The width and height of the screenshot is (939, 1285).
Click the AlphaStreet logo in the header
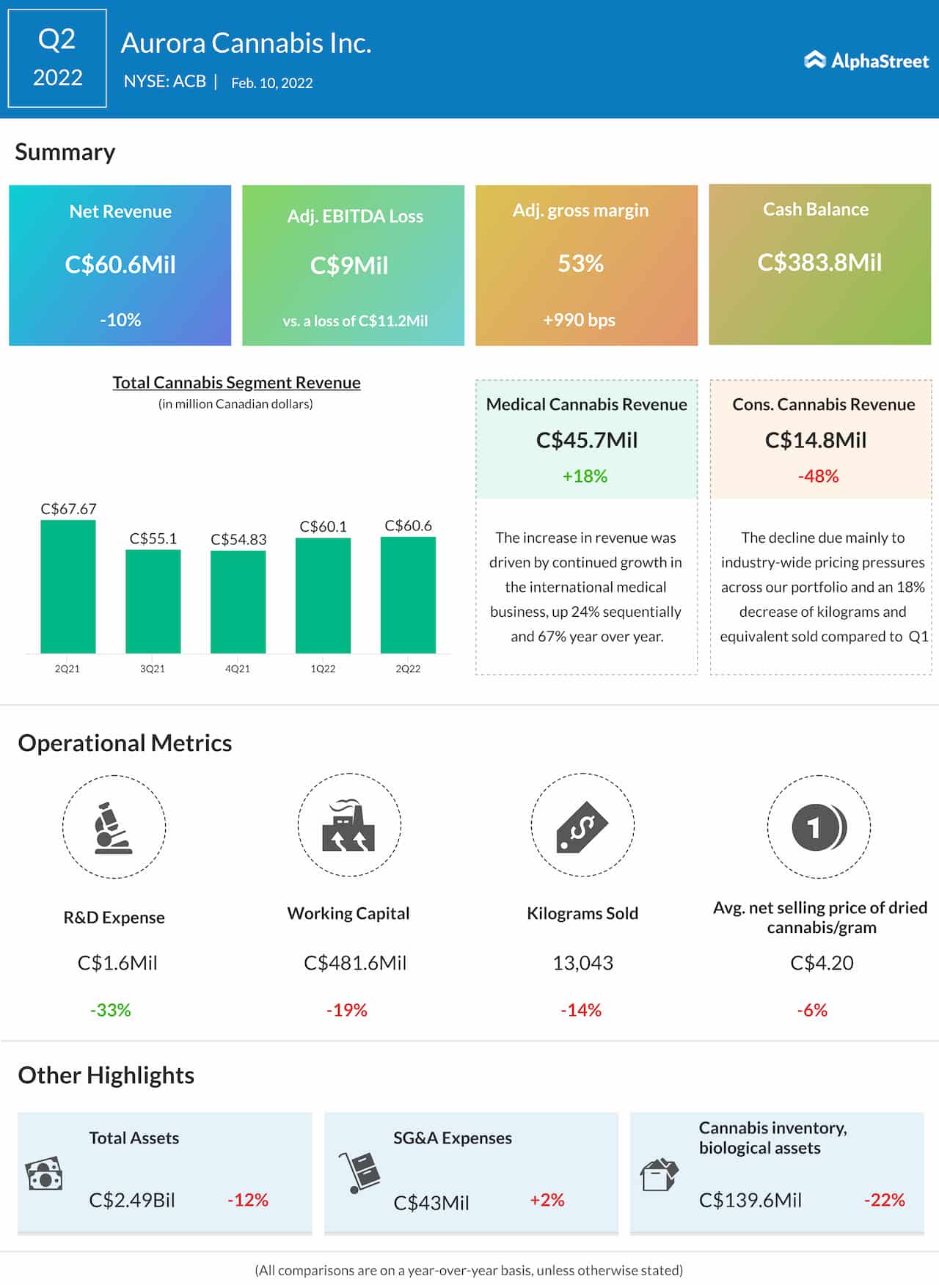click(866, 60)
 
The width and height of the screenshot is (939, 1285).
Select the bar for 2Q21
click(67, 586)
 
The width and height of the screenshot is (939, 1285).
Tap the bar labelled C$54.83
click(238, 601)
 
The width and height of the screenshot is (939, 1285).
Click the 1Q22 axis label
click(323, 669)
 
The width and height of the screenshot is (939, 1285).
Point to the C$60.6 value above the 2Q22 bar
click(408, 526)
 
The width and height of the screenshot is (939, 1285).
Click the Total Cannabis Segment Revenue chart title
click(236, 383)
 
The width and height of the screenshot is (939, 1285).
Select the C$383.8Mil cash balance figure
click(819, 263)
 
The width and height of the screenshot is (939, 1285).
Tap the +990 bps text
click(579, 321)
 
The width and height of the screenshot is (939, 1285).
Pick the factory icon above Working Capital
click(348, 826)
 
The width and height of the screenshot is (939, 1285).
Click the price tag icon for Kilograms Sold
click(582, 827)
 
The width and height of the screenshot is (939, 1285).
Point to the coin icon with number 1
click(819, 827)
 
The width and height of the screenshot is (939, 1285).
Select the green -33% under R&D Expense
click(110, 1010)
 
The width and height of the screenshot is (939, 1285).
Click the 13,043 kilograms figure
click(582, 963)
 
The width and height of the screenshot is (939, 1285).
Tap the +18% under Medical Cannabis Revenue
click(585, 477)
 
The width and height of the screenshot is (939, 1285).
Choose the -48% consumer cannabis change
click(818, 477)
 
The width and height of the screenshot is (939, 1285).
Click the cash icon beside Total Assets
click(44, 1174)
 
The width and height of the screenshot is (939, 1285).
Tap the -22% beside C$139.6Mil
click(884, 1201)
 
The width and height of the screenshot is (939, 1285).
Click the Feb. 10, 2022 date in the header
click(271, 83)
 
